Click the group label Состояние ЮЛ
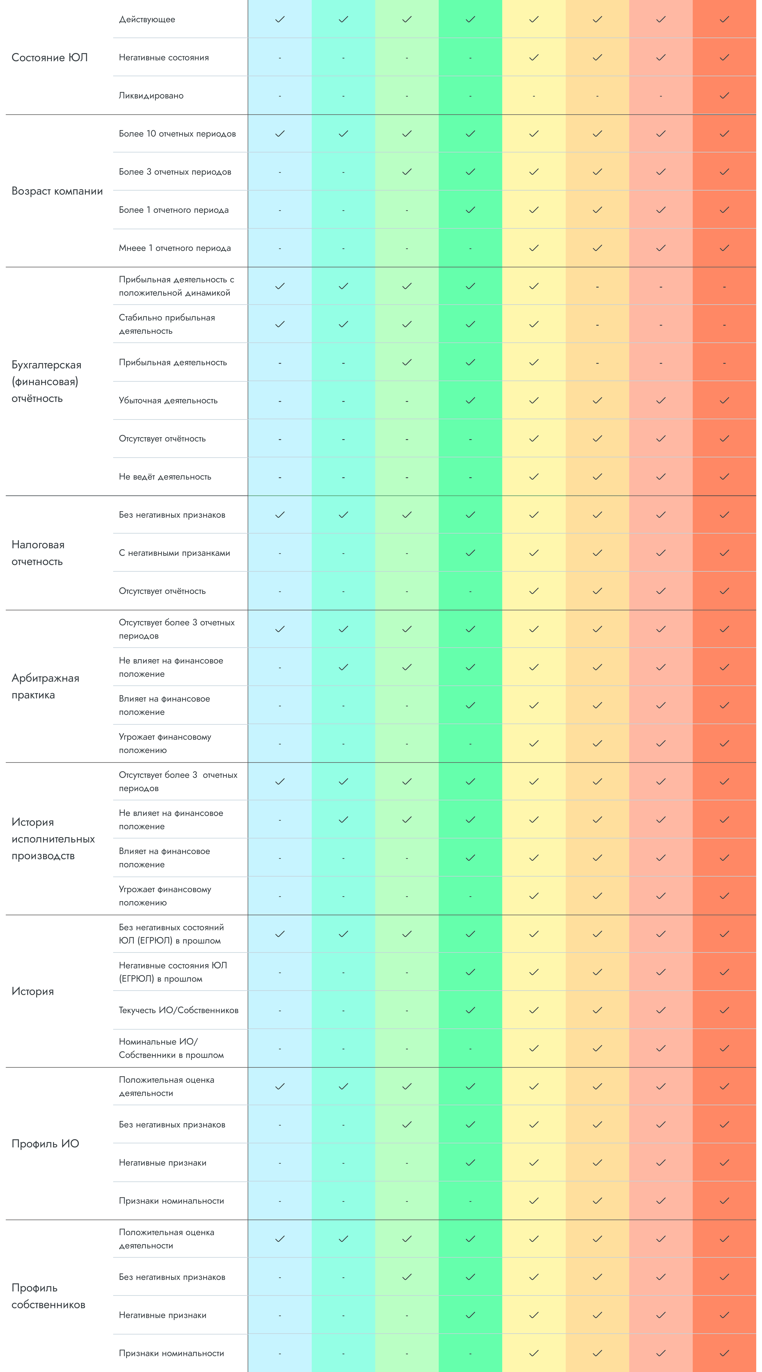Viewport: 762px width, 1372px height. [x=50, y=57]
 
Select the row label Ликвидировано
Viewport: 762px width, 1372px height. [x=151, y=96]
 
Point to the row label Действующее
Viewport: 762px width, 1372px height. [x=147, y=20]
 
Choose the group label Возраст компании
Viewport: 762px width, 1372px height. [x=57, y=191]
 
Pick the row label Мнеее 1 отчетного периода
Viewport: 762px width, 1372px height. [x=175, y=248]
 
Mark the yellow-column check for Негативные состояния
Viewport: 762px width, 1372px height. [x=534, y=57]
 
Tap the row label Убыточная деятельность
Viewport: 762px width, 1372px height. [x=168, y=400]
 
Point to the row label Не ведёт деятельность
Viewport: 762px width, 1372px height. [x=165, y=477]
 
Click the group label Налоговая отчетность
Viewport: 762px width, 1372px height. [x=38, y=553]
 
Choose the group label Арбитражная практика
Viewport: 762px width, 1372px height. [x=45, y=687]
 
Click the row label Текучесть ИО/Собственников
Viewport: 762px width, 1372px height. [x=178, y=1010]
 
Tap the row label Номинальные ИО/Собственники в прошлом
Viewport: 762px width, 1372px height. [x=171, y=1048]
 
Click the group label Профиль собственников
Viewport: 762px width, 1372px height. [x=48, y=1296]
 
